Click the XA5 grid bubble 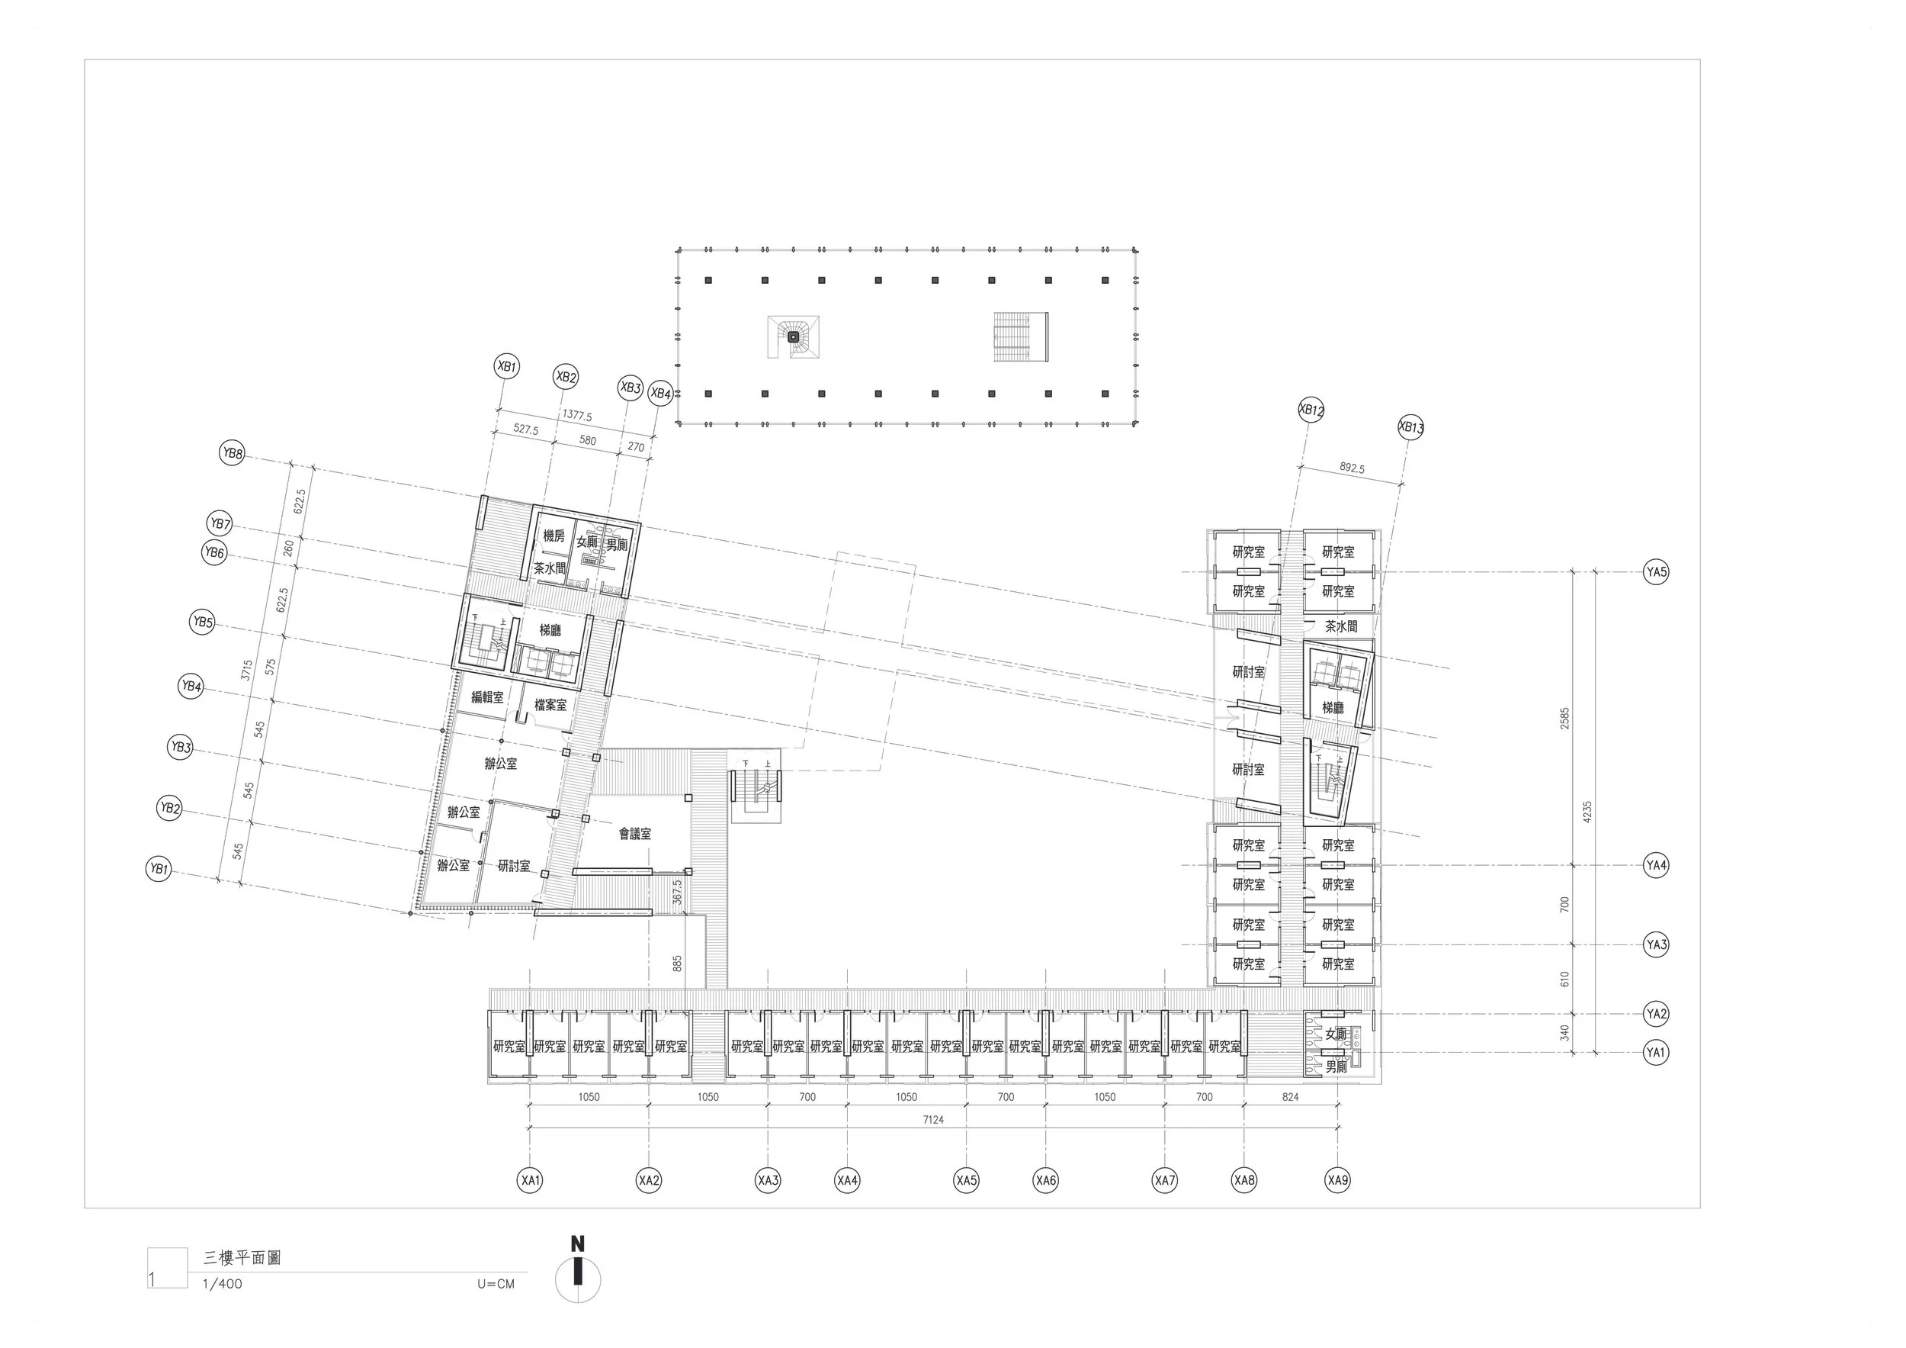pos(966,1179)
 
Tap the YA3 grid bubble pos(1656,944)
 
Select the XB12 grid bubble pos(1311,410)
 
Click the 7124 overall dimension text pos(933,1120)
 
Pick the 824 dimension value pos(1290,1097)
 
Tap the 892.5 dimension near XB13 pos(1352,468)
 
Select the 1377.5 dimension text pos(577,415)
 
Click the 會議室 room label pos(635,834)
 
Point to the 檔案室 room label pos(550,705)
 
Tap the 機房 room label pos(554,536)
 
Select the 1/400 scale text pos(223,1284)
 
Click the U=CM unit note pos(496,1284)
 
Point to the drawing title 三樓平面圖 pos(242,1258)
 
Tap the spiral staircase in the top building pos(794,336)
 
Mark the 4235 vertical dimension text pos(1587,812)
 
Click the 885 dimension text pos(678,964)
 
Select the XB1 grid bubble pos(506,366)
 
